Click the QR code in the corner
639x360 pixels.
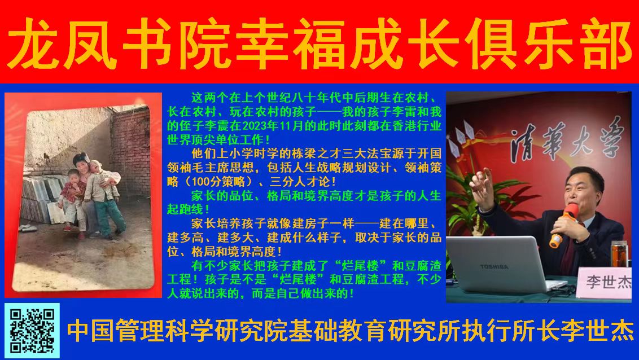pos(32,331)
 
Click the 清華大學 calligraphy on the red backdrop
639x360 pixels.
pos(566,141)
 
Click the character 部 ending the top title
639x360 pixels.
pos(607,43)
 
